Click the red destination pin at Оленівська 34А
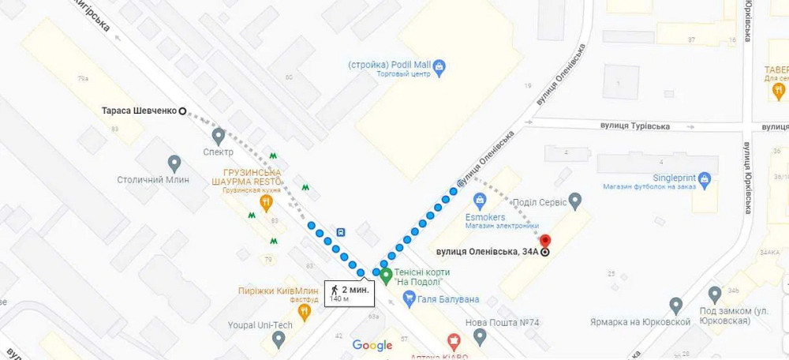544,241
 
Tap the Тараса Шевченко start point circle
182,111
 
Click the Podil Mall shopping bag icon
440,66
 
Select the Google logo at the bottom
372,345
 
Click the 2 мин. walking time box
349,293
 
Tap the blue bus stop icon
341,233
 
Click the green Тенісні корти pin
386,276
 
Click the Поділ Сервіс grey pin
575,201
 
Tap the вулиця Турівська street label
634,126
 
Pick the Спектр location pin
219,136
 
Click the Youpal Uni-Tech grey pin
279,339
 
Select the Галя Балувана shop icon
409,298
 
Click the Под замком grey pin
715,294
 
